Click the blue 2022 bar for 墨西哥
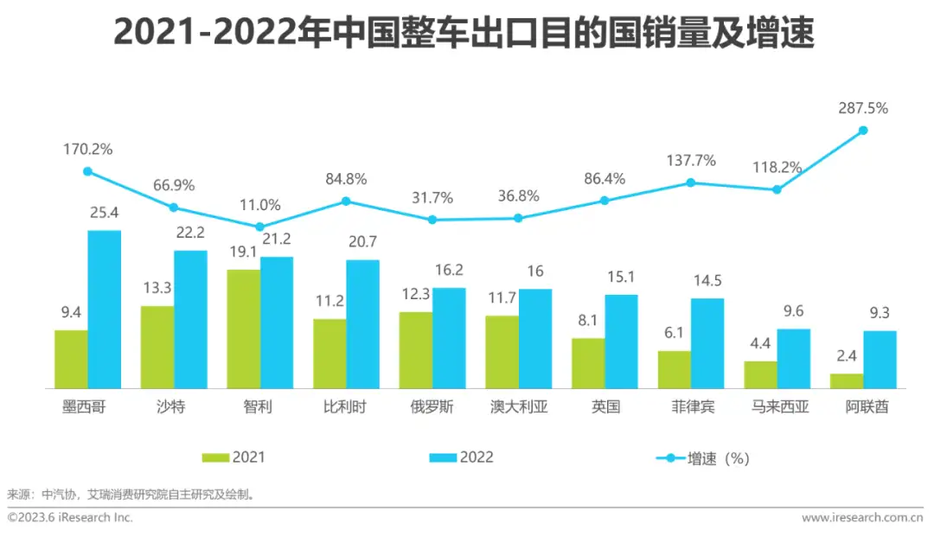(x=105, y=310)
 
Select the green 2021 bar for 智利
(x=244, y=329)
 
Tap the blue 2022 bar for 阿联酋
(x=880, y=360)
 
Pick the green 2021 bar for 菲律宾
(x=675, y=369)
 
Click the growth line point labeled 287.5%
(x=863, y=131)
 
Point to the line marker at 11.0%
(x=259, y=227)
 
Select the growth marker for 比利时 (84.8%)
(x=346, y=201)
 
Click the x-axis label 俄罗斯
(x=432, y=407)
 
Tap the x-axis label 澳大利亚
(x=518, y=407)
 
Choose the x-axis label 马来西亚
(x=777, y=407)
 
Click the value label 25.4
(x=104, y=213)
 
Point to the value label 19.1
(x=242, y=253)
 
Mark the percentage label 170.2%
(x=87, y=150)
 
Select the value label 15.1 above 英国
(x=622, y=277)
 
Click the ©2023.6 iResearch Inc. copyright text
(x=71, y=517)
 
